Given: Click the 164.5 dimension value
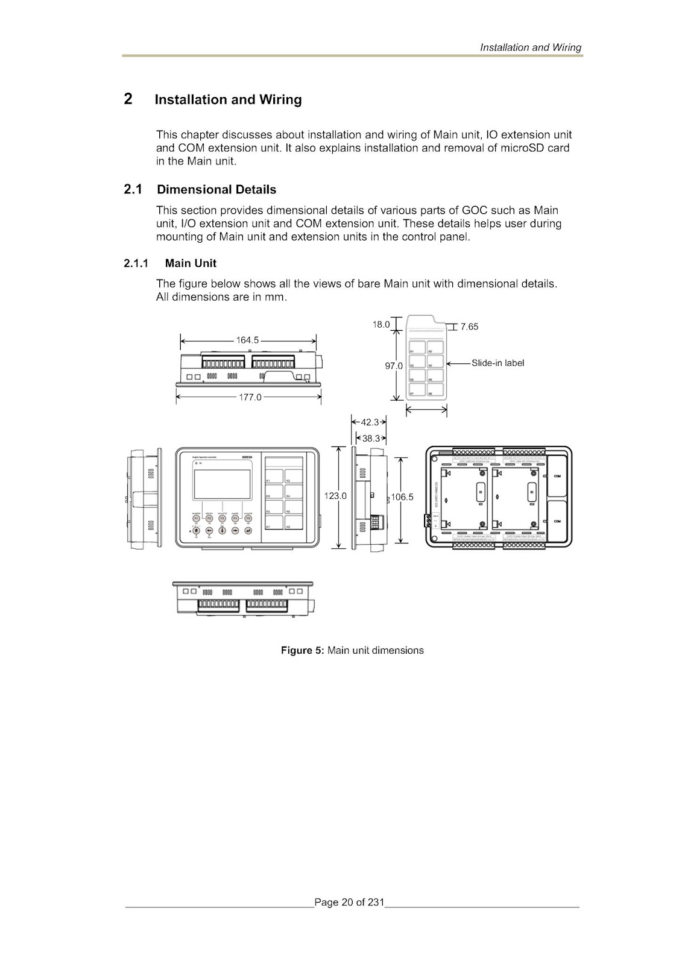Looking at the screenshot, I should tap(247, 340).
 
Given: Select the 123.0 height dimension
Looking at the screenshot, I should tap(335, 496).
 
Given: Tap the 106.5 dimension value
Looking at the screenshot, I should tap(402, 497).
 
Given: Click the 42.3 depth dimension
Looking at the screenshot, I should tap(369, 422).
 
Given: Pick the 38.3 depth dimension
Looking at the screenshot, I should tap(371, 438).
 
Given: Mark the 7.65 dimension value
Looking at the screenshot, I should tap(469, 327).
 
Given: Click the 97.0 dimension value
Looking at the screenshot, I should tap(394, 366).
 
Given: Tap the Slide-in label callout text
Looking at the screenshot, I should tap(497, 363).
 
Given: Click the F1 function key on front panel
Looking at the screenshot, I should tap(196, 518).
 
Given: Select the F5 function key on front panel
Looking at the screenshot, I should tap(248, 518).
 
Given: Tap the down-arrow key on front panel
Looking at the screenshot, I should tap(222, 531).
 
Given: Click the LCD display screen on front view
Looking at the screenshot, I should tap(223, 481).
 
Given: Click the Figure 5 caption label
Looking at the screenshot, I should tap(303, 651).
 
